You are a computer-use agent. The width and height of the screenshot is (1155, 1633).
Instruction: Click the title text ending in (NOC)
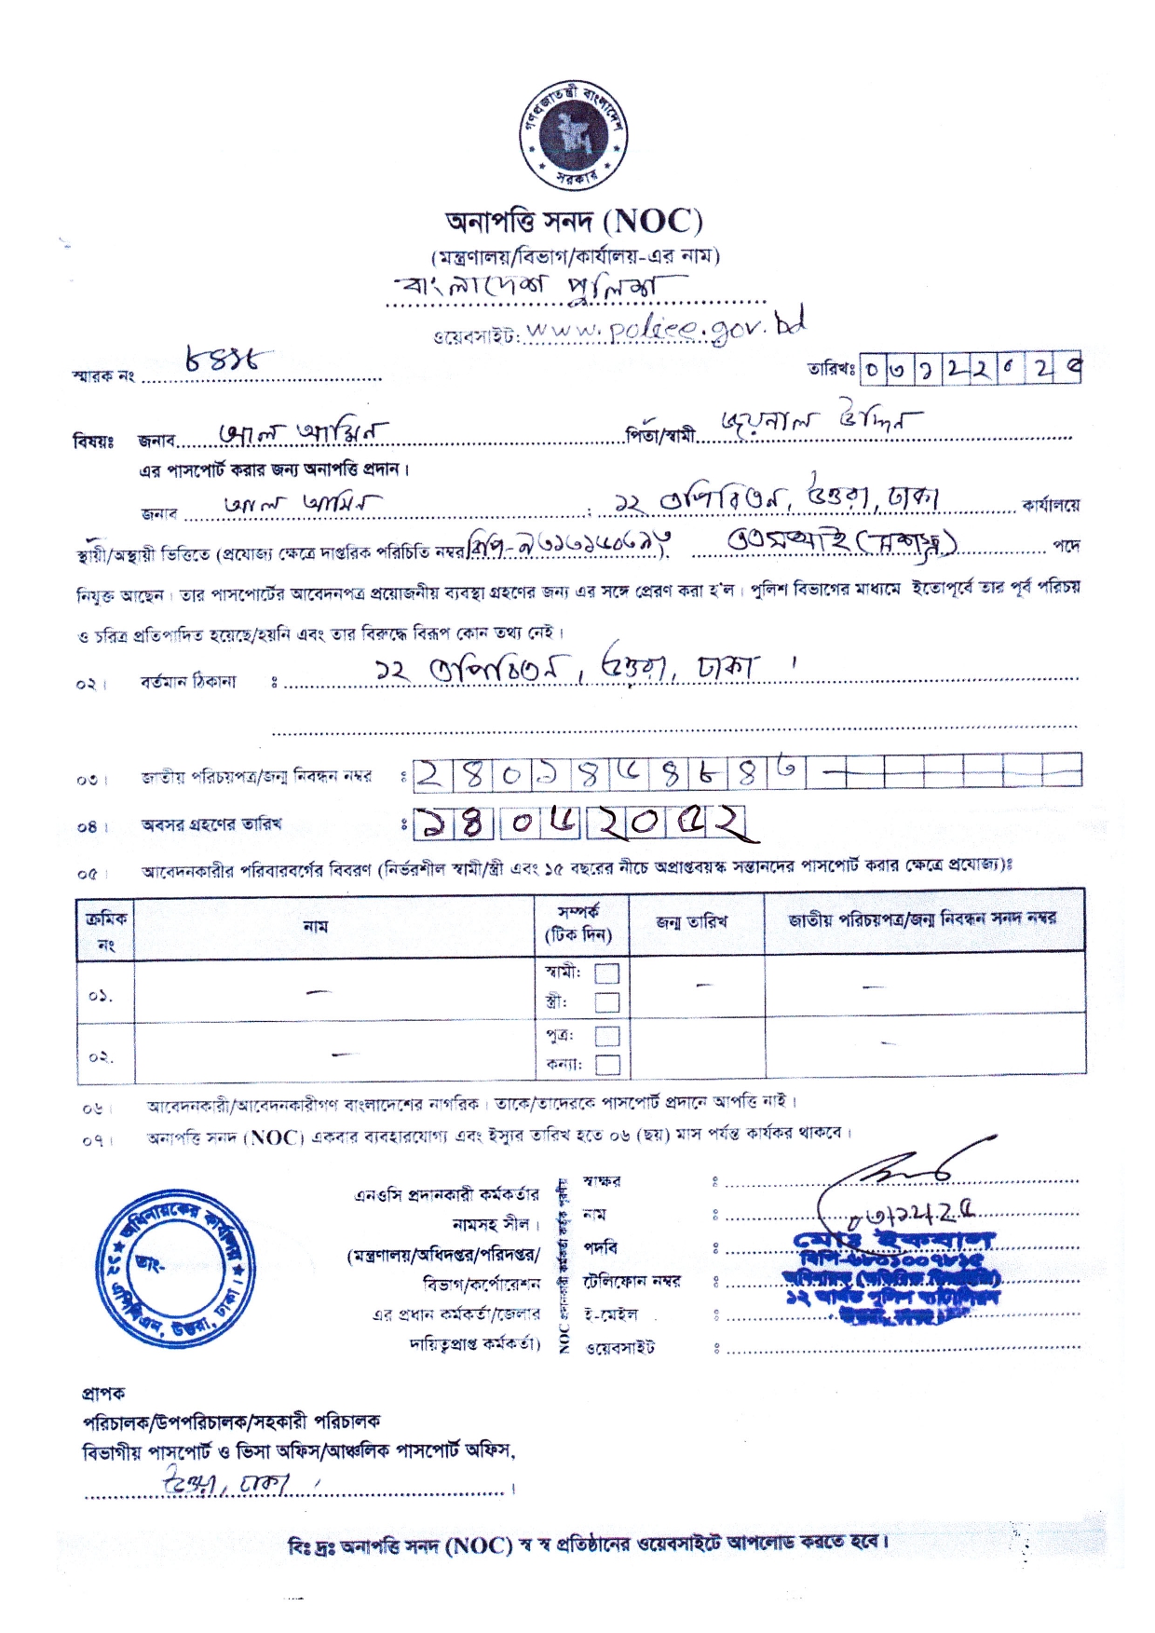click(x=574, y=222)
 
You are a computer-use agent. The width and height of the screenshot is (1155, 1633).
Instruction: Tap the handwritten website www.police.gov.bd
click(x=663, y=328)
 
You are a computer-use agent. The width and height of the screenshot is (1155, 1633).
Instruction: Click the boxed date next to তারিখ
click(x=970, y=369)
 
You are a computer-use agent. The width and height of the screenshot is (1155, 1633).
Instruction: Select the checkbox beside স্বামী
click(x=606, y=973)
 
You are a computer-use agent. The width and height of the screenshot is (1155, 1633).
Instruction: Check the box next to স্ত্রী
click(x=606, y=1002)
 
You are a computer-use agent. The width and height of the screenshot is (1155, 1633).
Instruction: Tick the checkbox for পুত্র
click(x=606, y=1035)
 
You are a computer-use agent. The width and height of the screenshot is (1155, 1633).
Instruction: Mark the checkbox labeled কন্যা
click(x=606, y=1064)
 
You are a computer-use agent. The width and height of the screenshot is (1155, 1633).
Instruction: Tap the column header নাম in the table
click(x=316, y=926)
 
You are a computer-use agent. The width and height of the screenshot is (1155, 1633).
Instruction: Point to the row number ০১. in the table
click(x=101, y=996)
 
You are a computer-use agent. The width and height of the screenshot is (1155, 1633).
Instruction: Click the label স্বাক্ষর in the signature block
click(x=602, y=1181)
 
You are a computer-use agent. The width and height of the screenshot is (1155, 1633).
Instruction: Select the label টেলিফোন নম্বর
click(x=632, y=1281)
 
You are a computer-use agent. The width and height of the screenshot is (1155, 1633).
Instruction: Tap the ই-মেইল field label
click(x=610, y=1314)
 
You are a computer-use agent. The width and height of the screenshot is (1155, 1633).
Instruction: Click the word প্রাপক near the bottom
click(x=103, y=1394)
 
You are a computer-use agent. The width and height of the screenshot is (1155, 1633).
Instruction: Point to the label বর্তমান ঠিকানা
click(x=188, y=682)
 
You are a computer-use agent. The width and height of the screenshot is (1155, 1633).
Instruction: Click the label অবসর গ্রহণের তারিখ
click(x=211, y=824)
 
